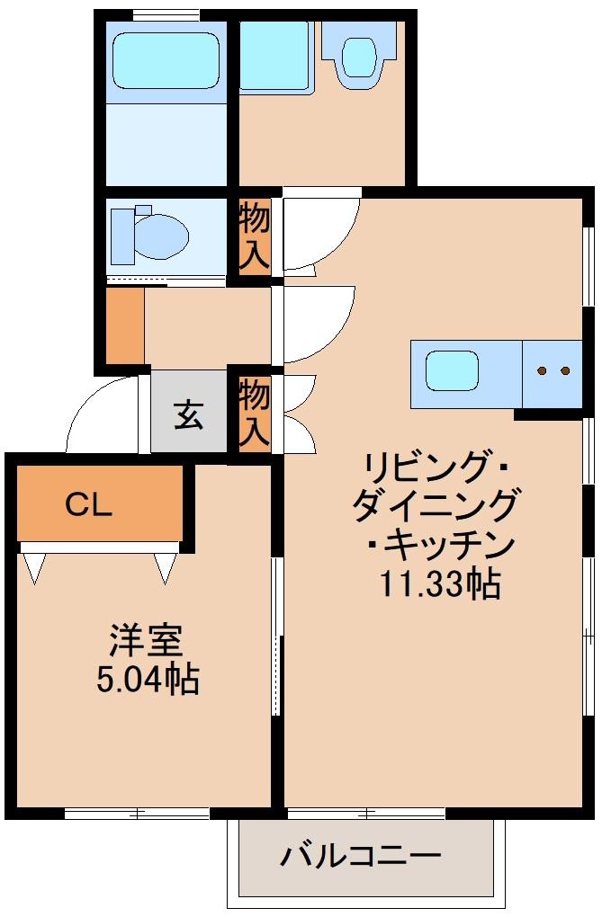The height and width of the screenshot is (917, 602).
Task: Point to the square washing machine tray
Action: point(275,56)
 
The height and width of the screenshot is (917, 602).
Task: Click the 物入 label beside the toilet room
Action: point(255,236)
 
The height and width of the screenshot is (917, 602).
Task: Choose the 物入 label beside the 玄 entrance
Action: point(255,413)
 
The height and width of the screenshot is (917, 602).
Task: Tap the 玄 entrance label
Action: point(189,414)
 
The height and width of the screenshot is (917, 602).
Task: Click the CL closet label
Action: point(88,505)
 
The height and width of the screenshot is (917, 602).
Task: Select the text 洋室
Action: point(147,640)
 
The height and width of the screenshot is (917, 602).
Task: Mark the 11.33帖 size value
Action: point(439,585)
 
